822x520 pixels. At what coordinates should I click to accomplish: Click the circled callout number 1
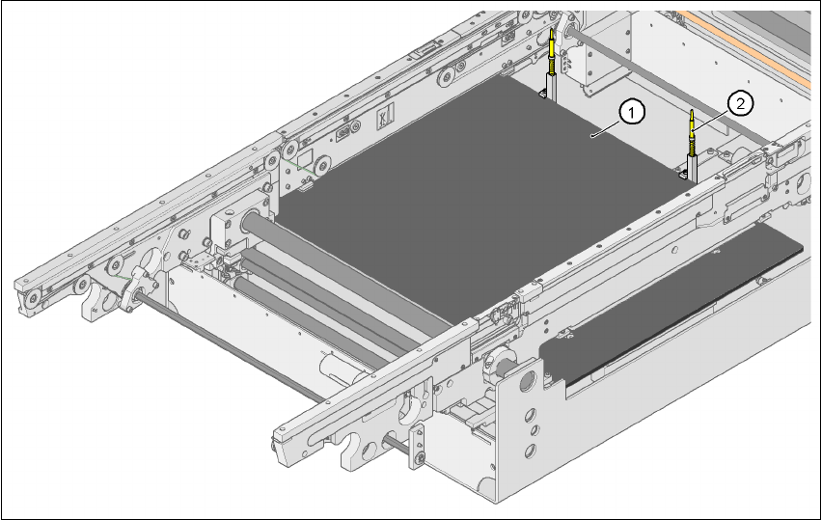click(x=632, y=113)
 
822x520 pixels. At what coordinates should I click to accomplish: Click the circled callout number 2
click(x=740, y=104)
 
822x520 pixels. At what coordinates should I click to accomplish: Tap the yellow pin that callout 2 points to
click(x=692, y=134)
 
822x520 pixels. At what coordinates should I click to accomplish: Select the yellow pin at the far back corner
click(x=551, y=51)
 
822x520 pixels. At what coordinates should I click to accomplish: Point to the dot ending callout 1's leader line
click(x=592, y=136)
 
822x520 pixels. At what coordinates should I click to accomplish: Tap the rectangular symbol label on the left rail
click(x=385, y=116)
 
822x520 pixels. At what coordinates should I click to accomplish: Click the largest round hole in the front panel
click(x=527, y=380)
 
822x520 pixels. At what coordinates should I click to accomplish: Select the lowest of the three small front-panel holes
click(x=530, y=450)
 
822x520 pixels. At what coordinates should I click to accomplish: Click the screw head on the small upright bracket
click(x=419, y=459)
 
